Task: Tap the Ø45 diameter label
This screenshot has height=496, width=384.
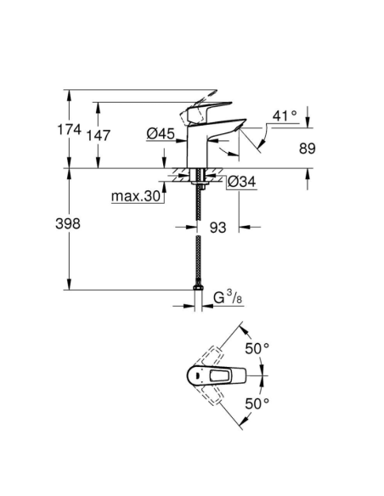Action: [x=160, y=132]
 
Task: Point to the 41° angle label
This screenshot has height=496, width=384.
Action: [x=285, y=115]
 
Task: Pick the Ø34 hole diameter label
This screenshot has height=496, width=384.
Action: [x=242, y=181]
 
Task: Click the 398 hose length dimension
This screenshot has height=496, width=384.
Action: [x=67, y=224]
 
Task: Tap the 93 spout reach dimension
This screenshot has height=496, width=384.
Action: [x=217, y=227]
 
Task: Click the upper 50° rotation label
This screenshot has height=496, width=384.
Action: [x=257, y=348]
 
